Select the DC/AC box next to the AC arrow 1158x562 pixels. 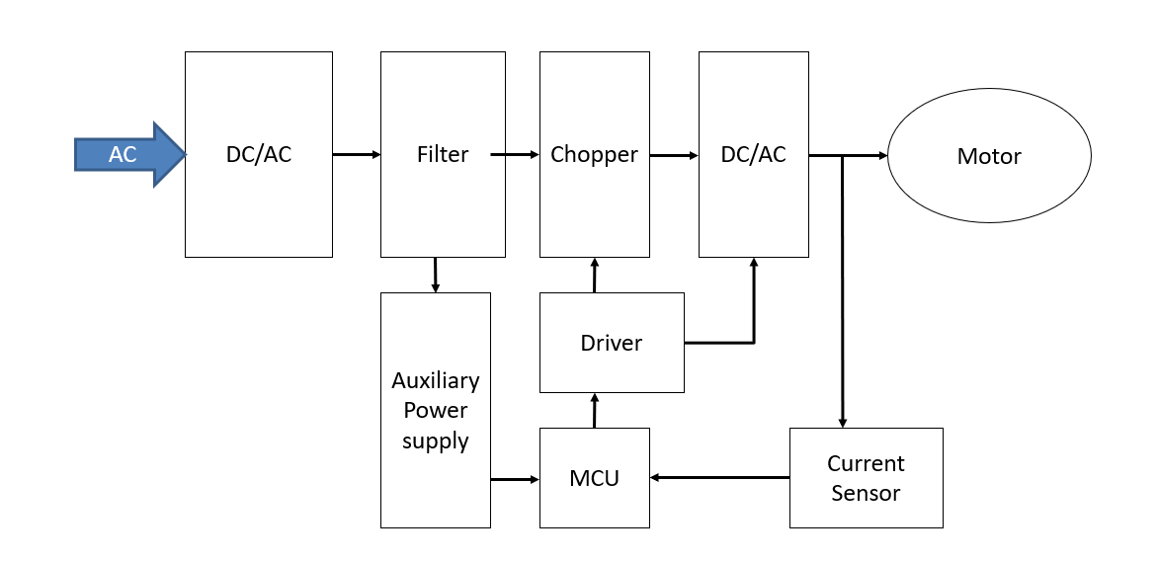coord(258,155)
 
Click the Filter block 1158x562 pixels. coord(443,155)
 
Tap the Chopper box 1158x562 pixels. coord(594,155)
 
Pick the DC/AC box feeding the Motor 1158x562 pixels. coord(753,155)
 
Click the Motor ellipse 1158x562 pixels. coord(989,156)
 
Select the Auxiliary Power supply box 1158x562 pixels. coord(435,410)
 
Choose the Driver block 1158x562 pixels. coord(612,343)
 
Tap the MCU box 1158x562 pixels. coord(594,478)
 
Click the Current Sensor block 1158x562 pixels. coord(866,478)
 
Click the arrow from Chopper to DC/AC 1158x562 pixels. coord(674,155)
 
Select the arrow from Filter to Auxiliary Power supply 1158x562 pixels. coord(435,275)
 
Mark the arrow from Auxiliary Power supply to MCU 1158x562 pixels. coord(515,479)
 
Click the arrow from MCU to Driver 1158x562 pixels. coord(594,410)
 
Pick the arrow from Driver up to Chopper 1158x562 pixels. coord(594,276)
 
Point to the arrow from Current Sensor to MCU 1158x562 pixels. coord(719,478)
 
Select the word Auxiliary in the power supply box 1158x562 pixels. coord(435,380)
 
